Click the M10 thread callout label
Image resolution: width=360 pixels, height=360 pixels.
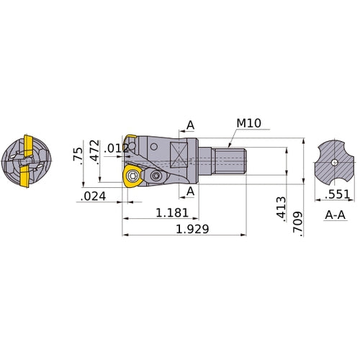tap(248, 123)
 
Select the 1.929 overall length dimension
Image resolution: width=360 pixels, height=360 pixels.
tap(192, 229)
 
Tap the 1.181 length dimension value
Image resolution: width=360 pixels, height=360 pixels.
tap(172, 213)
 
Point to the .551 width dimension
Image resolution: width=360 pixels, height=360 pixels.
tap(338, 194)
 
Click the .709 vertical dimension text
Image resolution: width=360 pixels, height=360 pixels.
tap(298, 224)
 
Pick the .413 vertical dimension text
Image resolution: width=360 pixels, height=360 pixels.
tap(282, 209)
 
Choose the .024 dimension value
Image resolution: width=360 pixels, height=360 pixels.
tap(93, 197)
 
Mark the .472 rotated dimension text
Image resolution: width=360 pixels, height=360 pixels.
tap(94, 152)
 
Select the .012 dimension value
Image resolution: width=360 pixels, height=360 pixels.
tap(117, 149)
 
